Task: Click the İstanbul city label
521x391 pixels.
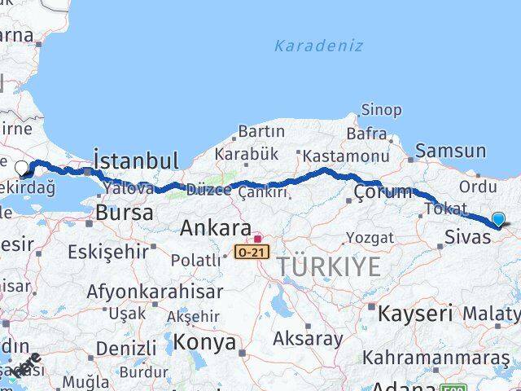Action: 136,160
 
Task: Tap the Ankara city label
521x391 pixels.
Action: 215,227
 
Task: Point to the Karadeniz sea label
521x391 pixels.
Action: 318,46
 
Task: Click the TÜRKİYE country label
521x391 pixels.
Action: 328,266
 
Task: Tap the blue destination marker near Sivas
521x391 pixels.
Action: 498,218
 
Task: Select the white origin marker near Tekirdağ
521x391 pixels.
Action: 22,169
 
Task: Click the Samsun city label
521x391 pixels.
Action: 450,151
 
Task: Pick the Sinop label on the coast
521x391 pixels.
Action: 381,110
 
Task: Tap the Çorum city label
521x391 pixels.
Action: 382,192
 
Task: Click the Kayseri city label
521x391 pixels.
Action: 415,313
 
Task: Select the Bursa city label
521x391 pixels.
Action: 124,213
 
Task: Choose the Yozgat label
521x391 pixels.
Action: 370,238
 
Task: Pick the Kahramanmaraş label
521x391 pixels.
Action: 436,358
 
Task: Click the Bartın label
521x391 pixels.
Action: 261,131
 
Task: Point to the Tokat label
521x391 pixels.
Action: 446,209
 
